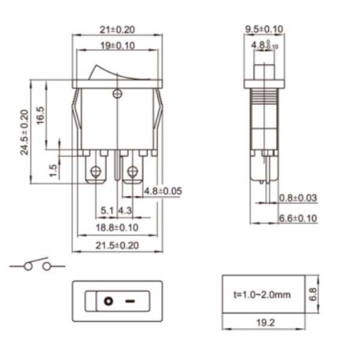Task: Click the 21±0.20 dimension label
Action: (118, 29)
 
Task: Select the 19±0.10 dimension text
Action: (118, 46)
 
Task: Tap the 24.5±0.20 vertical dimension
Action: (25, 133)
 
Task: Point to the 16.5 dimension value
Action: (41, 115)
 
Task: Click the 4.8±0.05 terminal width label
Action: (163, 191)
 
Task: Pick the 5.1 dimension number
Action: (107, 211)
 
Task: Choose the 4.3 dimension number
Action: (125, 211)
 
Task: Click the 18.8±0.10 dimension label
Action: (117, 227)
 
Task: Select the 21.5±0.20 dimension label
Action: (117, 245)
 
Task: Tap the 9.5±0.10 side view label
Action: (264, 29)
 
